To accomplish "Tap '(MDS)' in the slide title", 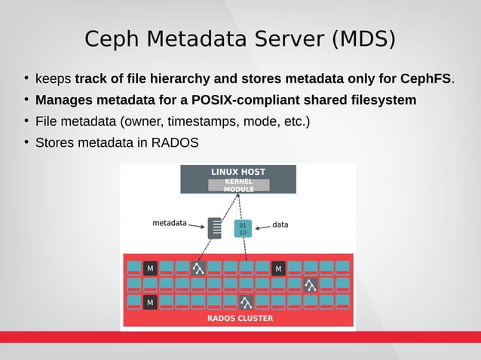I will tap(365, 38).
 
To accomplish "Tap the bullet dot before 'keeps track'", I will tap(26, 79).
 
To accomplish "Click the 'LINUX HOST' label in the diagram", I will tap(237, 172).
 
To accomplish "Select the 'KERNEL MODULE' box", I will tap(238, 185).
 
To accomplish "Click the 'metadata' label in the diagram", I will tap(170, 223).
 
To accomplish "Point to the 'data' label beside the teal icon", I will tap(280, 224).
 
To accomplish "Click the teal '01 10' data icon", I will tap(242, 228).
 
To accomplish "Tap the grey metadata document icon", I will tap(216, 228).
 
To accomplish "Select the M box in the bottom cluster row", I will tap(150, 302).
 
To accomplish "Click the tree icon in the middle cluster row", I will tap(309, 285).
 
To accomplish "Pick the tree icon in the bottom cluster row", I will tap(245, 302).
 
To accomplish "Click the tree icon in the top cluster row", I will tap(198, 268).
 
